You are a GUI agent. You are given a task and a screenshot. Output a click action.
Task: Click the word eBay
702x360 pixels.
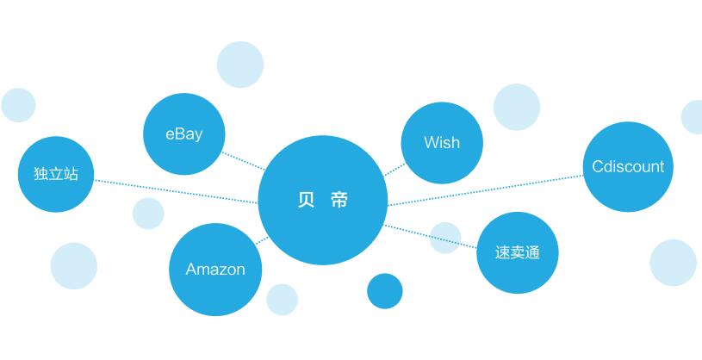pos(183,133)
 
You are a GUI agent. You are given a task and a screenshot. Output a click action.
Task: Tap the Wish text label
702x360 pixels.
pos(441,142)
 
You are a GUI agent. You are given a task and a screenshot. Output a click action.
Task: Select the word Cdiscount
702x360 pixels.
pos(628,166)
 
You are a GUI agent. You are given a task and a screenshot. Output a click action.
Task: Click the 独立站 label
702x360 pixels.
pos(55,173)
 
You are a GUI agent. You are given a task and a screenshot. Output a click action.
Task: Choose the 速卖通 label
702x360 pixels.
pos(517,252)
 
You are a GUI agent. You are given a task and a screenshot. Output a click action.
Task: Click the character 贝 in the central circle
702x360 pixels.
pos(306,201)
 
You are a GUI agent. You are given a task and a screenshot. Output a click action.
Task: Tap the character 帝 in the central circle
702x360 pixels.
pos(339,201)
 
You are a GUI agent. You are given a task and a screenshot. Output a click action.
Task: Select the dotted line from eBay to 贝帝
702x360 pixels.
pos(244,161)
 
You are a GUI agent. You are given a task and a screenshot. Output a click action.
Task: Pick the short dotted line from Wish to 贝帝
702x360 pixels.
pos(394,169)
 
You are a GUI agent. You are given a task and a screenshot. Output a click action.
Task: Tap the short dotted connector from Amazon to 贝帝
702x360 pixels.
pos(261,239)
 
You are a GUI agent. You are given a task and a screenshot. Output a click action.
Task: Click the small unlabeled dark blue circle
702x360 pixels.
pos(384,291)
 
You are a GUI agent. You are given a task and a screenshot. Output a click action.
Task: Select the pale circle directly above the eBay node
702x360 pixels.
pos(239,65)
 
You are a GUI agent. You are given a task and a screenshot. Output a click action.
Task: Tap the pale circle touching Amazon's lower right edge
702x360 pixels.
pos(282,299)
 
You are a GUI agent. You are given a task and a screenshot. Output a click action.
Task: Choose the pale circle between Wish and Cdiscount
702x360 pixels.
pos(517,107)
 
